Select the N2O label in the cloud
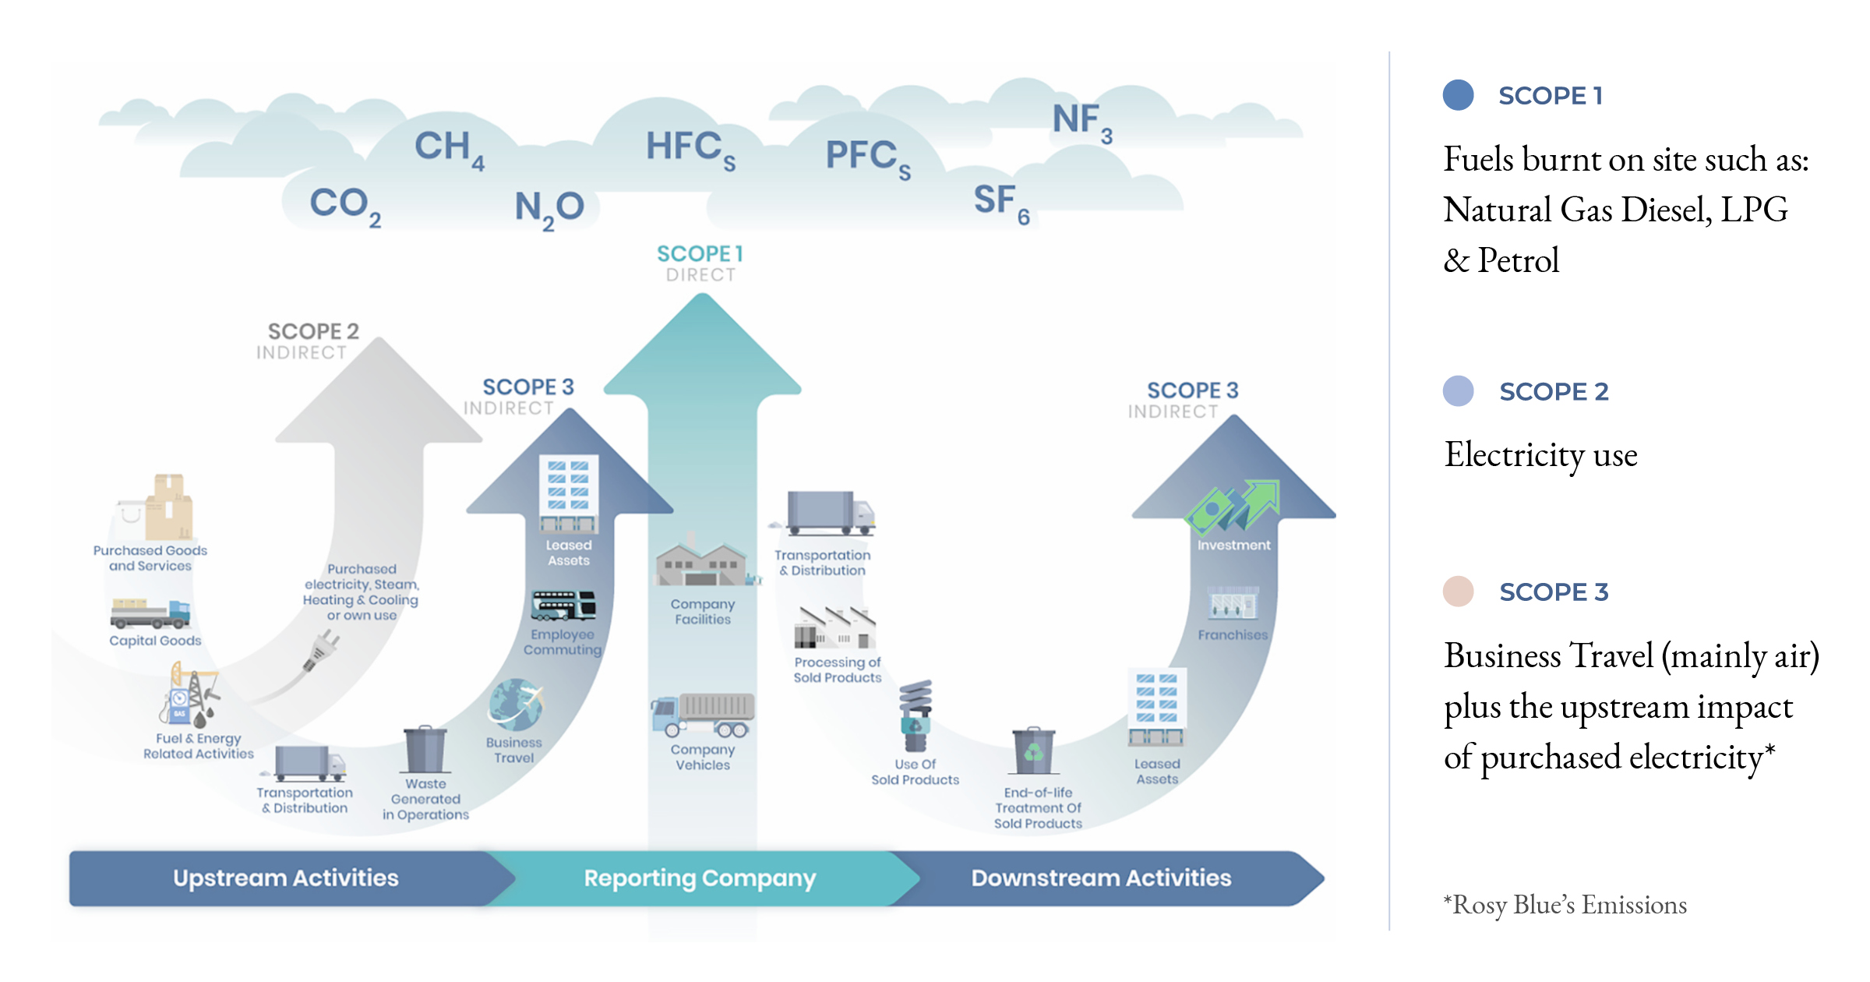549,208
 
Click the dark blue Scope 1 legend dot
1458,95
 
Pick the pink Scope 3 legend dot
1458,592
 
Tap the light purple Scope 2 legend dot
1458,391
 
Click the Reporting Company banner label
700,878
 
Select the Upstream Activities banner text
285,878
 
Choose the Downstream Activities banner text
1101,878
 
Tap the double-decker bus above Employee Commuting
563,606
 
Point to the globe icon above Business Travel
515,704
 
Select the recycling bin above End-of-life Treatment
1033,751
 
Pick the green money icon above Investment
1232,507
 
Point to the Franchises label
1233,635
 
